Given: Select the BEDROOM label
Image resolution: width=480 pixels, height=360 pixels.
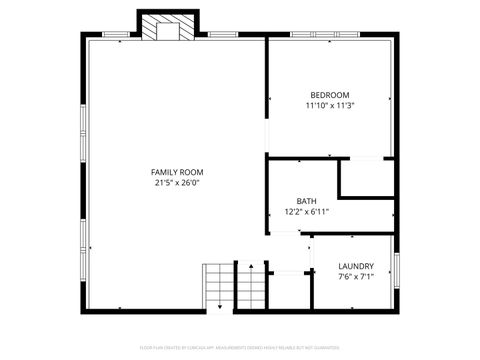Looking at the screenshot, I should pyautogui.click(x=329, y=94).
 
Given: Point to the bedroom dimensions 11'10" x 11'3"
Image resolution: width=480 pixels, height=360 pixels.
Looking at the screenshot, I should pyautogui.click(x=330, y=105).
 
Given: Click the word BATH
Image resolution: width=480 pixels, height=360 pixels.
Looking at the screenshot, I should pyautogui.click(x=306, y=201).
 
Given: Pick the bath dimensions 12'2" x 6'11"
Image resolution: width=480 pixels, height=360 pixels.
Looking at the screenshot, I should pyautogui.click(x=306, y=212).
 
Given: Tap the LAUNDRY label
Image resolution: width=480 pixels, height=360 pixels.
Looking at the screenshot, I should pyautogui.click(x=356, y=266).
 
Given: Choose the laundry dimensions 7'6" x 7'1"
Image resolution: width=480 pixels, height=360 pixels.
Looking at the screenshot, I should pyautogui.click(x=356, y=277).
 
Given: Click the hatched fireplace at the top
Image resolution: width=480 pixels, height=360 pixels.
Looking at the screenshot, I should pyautogui.click(x=158, y=27).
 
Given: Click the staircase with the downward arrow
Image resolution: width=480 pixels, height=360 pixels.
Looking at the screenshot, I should pyautogui.click(x=217, y=287).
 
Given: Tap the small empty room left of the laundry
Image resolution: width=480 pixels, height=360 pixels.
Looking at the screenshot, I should pyautogui.click(x=289, y=291).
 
